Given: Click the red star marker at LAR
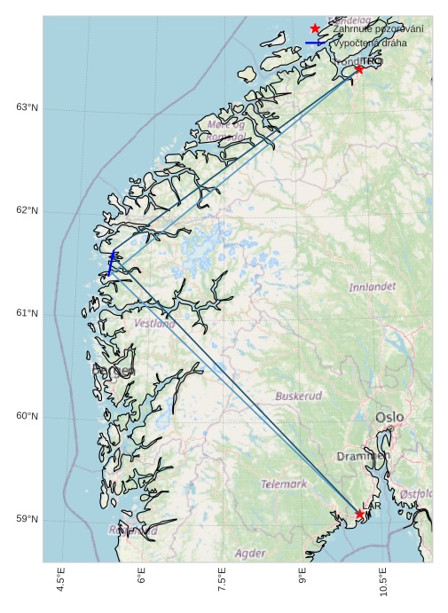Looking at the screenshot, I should (x=360, y=514).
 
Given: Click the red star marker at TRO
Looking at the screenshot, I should (x=359, y=68).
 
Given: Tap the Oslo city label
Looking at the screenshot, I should (x=389, y=417).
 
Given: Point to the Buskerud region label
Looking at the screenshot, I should (x=298, y=396).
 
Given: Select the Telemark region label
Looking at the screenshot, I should (x=284, y=484).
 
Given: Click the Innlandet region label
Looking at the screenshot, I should (x=373, y=287).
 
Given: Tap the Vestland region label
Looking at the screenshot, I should (x=155, y=324).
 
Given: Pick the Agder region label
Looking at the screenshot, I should (x=250, y=553).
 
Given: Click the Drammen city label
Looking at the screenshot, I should (x=363, y=456).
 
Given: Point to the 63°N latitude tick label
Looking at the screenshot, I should (x=27, y=107).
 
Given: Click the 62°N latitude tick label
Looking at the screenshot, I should (x=27, y=210).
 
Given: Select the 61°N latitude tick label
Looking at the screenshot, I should (x=27, y=313).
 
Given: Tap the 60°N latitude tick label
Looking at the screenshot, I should (x=27, y=416).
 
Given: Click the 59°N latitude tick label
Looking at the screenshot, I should (x=27, y=519).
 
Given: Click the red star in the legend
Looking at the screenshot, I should (x=315, y=28).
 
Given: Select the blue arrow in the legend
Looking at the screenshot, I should (x=316, y=43).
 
